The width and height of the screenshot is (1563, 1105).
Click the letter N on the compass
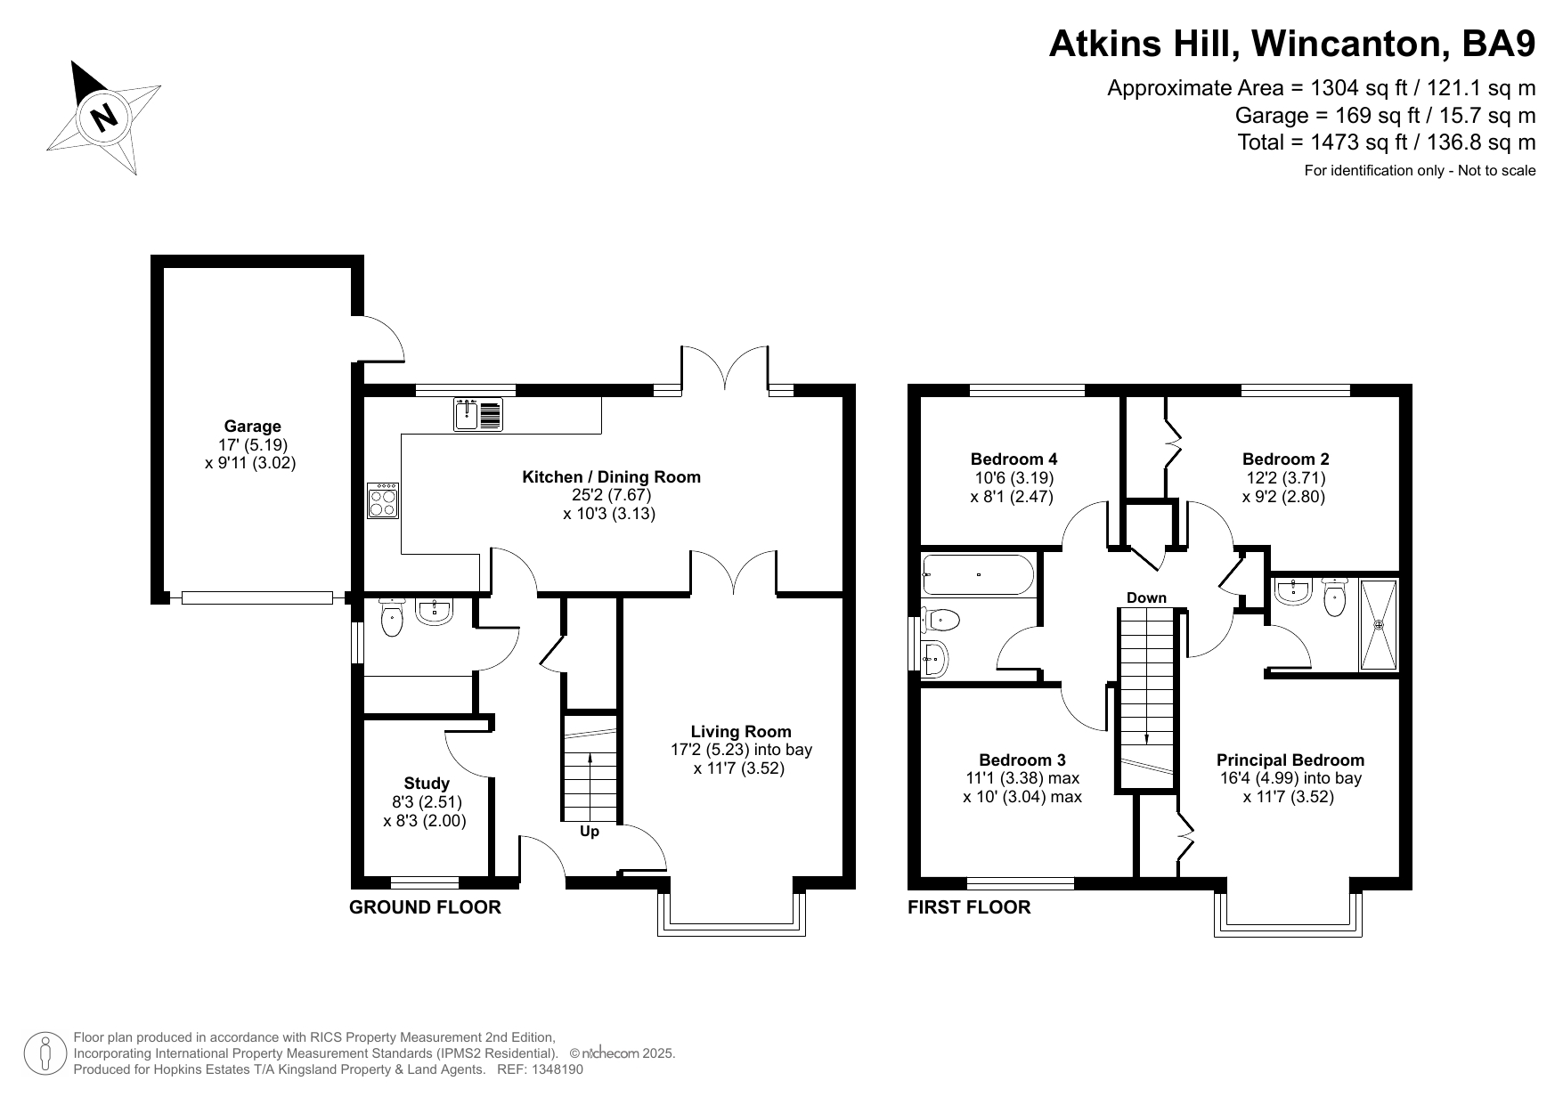pos(105,117)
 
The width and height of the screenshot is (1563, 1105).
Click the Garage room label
pos(252,427)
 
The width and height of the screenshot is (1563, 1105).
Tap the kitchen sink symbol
pos(478,415)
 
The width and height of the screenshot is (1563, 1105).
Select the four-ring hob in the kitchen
pos(383,500)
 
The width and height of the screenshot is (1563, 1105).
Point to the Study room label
pos(427,784)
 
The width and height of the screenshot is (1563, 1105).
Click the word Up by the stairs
pos(590,832)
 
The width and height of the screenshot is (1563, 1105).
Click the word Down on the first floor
pos(1146,597)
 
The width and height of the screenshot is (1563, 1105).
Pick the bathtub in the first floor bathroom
pos(979,575)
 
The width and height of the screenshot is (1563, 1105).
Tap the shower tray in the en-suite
pos(1379,624)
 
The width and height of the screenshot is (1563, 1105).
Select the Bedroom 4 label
pos(1014,459)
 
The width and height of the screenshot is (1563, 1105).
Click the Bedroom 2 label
pos(1285,459)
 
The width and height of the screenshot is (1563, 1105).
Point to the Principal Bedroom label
pos(1290,760)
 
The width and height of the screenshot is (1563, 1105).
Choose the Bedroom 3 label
pos(1022,760)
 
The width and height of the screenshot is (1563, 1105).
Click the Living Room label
pos(741,732)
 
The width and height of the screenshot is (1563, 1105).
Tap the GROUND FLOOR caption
pos(425,907)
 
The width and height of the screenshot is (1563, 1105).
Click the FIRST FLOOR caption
pos(969,907)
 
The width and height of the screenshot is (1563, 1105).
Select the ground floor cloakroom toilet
pos(392,617)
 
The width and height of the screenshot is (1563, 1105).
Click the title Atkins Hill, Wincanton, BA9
pos(1292,44)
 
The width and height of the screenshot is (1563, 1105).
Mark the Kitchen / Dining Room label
pos(611,477)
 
